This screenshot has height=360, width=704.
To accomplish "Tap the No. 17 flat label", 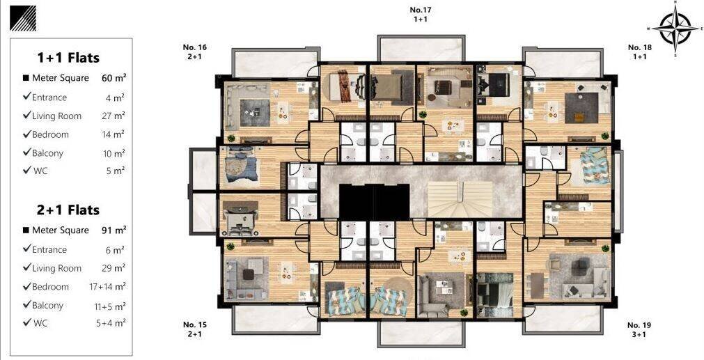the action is click(x=421, y=15).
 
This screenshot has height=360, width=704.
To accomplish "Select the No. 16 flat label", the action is click(x=195, y=52).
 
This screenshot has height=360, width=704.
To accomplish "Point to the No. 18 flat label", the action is click(x=640, y=52).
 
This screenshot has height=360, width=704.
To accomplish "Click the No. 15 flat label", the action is click(x=195, y=329).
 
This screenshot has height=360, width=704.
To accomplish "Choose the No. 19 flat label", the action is click(x=639, y=329).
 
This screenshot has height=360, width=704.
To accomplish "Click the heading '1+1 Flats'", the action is click(x=68, y=58).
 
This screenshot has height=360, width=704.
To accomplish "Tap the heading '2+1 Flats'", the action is click(x=68, y=210).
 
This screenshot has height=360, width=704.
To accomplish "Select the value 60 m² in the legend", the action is click(x=114, y=78).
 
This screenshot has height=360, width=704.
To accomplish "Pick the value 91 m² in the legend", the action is click(x=114, y=230).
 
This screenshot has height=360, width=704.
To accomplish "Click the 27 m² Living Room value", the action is click(x=113, y=116).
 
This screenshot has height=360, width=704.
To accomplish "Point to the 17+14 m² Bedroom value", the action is click(x=107, y=286).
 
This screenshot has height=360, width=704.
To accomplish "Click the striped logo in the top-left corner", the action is click(x=23, y=18).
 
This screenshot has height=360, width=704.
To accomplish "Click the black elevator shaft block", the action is click(x=374, y=201).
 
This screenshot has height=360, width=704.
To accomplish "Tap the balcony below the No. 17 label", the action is click(x=421, y=49).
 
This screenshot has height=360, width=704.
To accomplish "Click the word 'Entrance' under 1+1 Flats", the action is click(x=49, y=97).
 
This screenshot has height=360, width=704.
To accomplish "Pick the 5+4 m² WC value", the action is click(x=111, y=322).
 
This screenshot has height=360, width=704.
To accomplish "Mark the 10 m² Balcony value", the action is click(x=114, y=153).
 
